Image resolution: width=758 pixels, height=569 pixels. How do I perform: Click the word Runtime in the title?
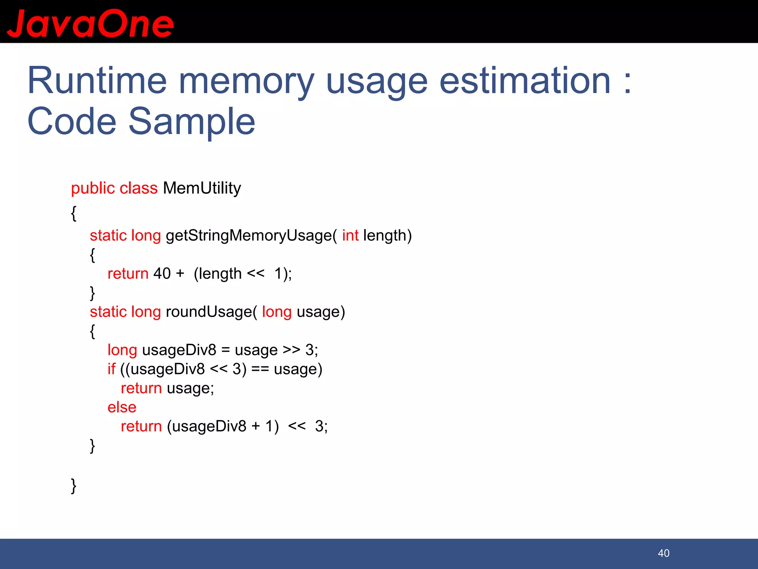pyautogui.click(x=97, y=81)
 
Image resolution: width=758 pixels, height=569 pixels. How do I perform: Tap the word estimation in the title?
pyautogui.click(x=524, y=81)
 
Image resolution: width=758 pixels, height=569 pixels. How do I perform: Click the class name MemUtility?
pyautogui.click(x=202, y=188)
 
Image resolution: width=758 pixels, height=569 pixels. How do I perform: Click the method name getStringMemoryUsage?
pyautogui.click(x=249, y=236)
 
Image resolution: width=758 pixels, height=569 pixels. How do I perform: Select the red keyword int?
pyautogui.click(x=350, y=236)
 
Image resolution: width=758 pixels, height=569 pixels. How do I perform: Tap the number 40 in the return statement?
pyautogui.click(x=162, y=274)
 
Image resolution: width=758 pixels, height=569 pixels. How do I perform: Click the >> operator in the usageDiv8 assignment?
pyautogui.click(x=291, y=350)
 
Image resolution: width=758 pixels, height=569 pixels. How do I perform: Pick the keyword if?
pyautogui.click(x=111, y=369)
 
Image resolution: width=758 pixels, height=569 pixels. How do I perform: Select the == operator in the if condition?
pyautogui.click(x=260, y=369)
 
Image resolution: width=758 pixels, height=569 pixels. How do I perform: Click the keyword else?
pyautogui.click(x=122, y=407)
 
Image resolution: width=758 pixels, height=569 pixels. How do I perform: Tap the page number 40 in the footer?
pyautogui.click(x=663, y=553)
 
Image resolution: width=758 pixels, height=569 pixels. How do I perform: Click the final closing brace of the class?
pyautogui.click(x=74, y=486)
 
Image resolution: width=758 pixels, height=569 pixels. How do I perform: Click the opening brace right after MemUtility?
pyautogui.click(x=74, y=213)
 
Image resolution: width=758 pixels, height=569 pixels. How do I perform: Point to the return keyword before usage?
pyautogui.click(x=141, y=388)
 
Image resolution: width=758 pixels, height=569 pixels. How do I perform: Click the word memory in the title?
pyautogui.click(x=246, y=81)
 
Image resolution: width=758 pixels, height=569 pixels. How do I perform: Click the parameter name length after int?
pyautogui.click(x=385, y=236)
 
